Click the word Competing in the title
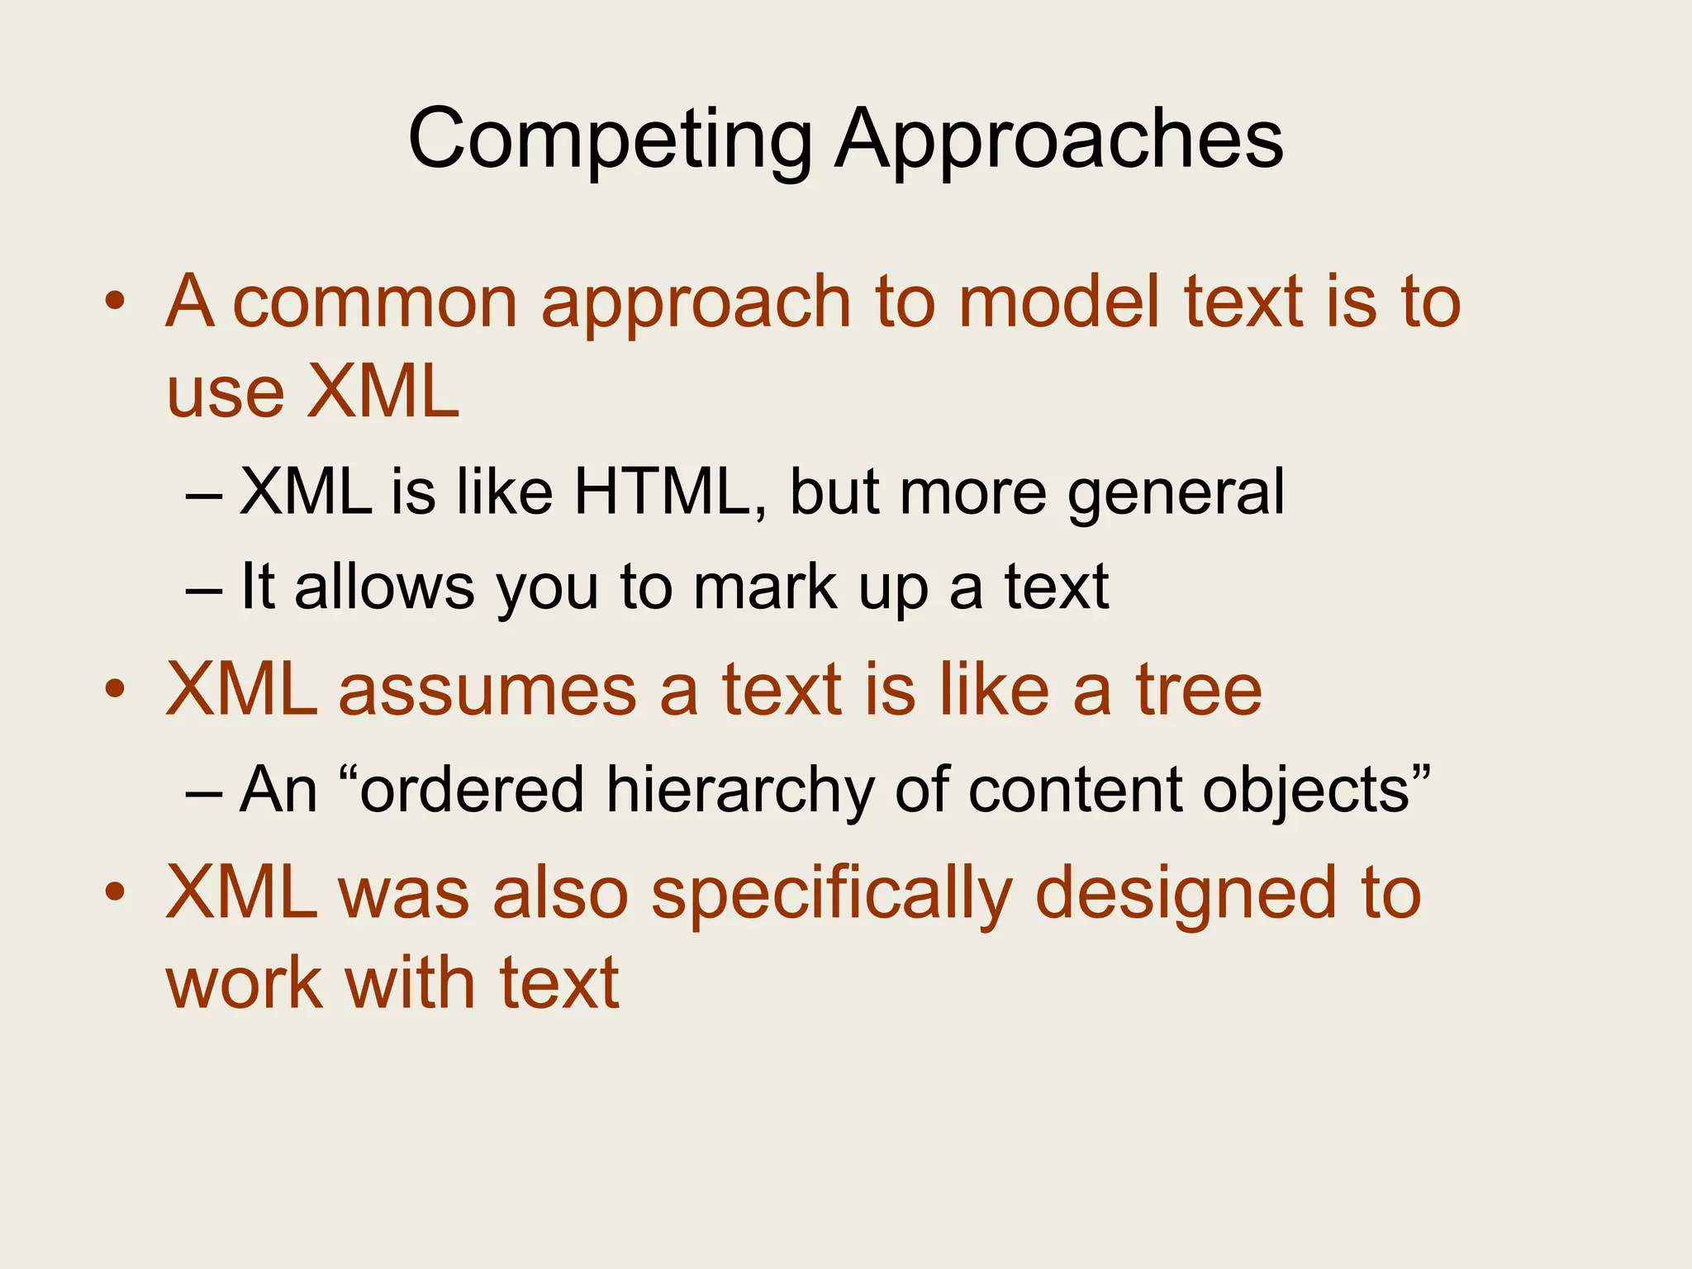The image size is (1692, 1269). [610, 140]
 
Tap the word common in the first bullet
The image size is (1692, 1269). [375, 302]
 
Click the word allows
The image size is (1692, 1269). [384, 587]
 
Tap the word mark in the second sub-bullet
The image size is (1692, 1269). [765, 587]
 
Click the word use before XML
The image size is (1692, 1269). [225, 394]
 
